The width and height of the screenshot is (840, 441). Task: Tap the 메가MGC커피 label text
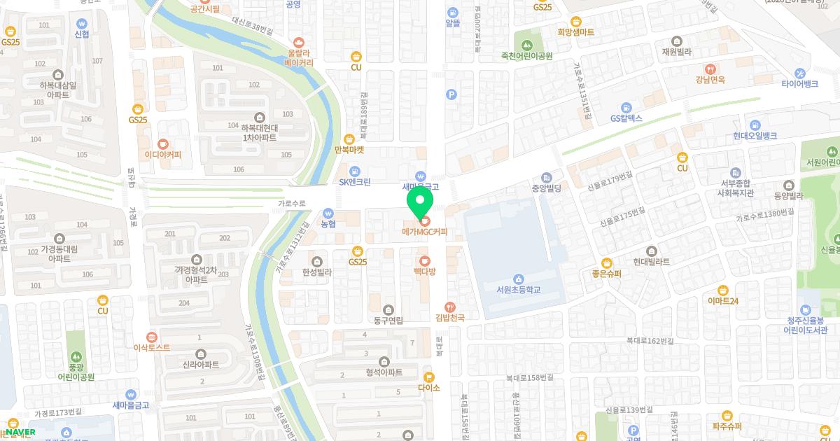(x=424, y=232)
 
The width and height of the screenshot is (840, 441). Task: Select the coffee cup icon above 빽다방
(x=424, y=260)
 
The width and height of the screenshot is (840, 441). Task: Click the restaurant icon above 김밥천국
(x=450, y=307)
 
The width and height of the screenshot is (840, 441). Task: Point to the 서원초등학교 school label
(x=518, y=290)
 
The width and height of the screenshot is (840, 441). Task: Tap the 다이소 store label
(x=428, y=388)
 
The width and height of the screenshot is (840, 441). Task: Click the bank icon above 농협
(x=328, y=213)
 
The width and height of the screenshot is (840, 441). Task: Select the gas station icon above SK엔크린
(x=355, y=171)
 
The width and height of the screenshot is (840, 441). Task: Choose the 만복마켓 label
(x=349, y=150)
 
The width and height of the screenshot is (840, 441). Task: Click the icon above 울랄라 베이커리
(x=299, y=41)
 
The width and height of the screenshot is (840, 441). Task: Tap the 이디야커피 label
(x=162, y=155)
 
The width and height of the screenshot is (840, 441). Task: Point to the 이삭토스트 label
(x=152, y=347)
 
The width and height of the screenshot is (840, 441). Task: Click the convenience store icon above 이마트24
(x=723, y=290)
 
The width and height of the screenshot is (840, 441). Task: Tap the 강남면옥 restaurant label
(x=710, y=80)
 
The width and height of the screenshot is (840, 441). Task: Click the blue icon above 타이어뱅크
(x=799, y=73)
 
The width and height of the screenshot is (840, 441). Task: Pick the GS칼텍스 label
(x=626, y=118)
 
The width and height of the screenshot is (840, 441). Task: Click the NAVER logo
(x=20, y=432)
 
